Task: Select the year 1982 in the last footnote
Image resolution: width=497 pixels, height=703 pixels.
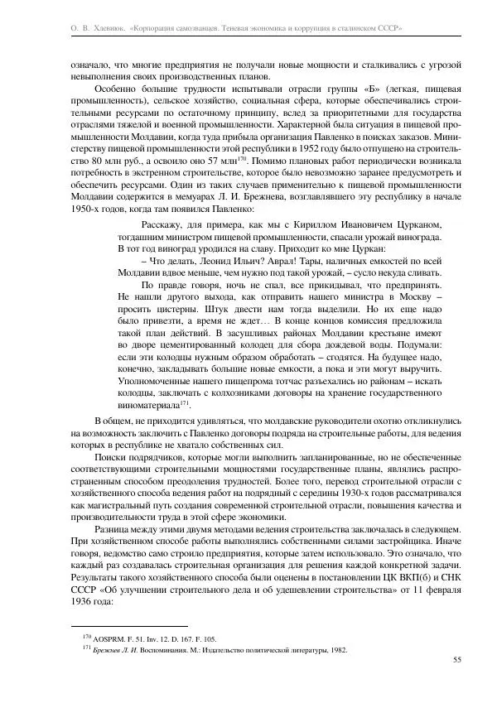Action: pyautogui.click(x=335, y=650)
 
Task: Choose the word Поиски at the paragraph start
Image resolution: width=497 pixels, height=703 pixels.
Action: pyautogui.click(x=111, y=458)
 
